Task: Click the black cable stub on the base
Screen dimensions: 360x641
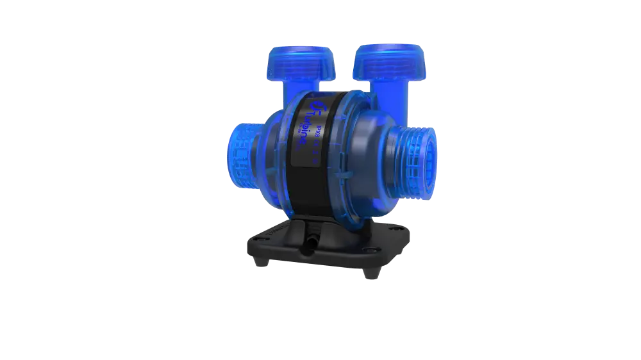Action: (x=308, y=242)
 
